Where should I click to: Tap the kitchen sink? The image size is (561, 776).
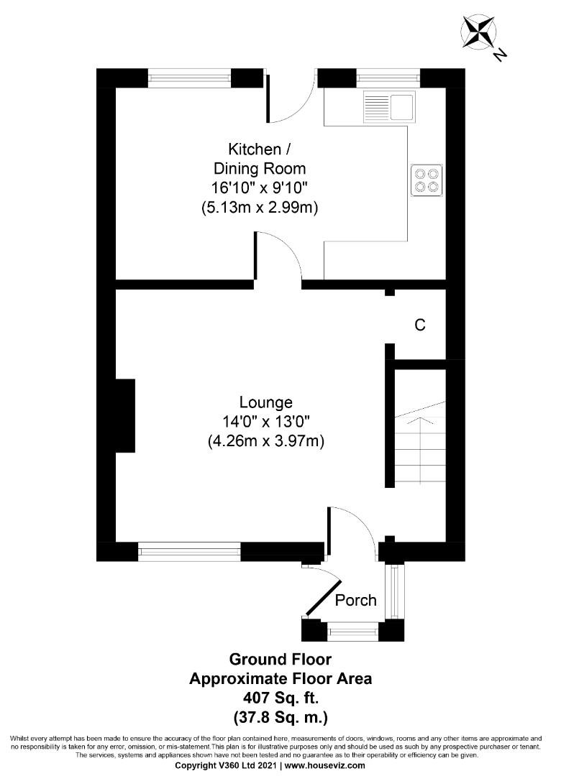(x=389, y=106)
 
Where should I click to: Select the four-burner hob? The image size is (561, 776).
(x=426, y=180)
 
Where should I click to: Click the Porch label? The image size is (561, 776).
(x=356, y=599)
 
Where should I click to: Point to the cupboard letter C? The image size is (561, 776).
(x=420, y=325)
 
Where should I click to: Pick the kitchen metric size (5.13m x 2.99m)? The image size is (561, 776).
(x=260, y=208)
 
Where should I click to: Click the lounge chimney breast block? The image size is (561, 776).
(x=125, y=415)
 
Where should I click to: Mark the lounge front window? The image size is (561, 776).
(x=189, y=552)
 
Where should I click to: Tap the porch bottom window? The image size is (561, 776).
(x=352, y=632)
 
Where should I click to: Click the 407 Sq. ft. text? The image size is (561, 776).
(x=280, y=697)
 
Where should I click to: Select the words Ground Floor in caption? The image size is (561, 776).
(x=280, y=659)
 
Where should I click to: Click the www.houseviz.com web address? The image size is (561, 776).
(x=331, y=766)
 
